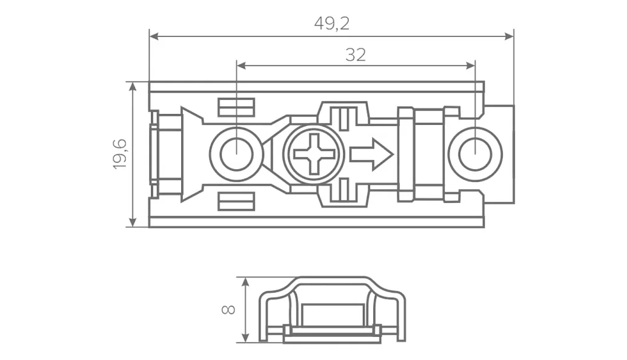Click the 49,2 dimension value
click(x=332, y=24)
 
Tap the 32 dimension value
click(x=356, y=55)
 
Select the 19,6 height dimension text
click(x=120, y=154)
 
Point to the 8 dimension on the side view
click(x=229, y=309)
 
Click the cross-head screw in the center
click(x=314, y=154)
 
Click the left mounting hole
click(x=236, y=154)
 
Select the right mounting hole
click(x=475, y=154)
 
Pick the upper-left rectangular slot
click(x=236, y=107)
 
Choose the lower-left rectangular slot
click(x=236, y=201)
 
